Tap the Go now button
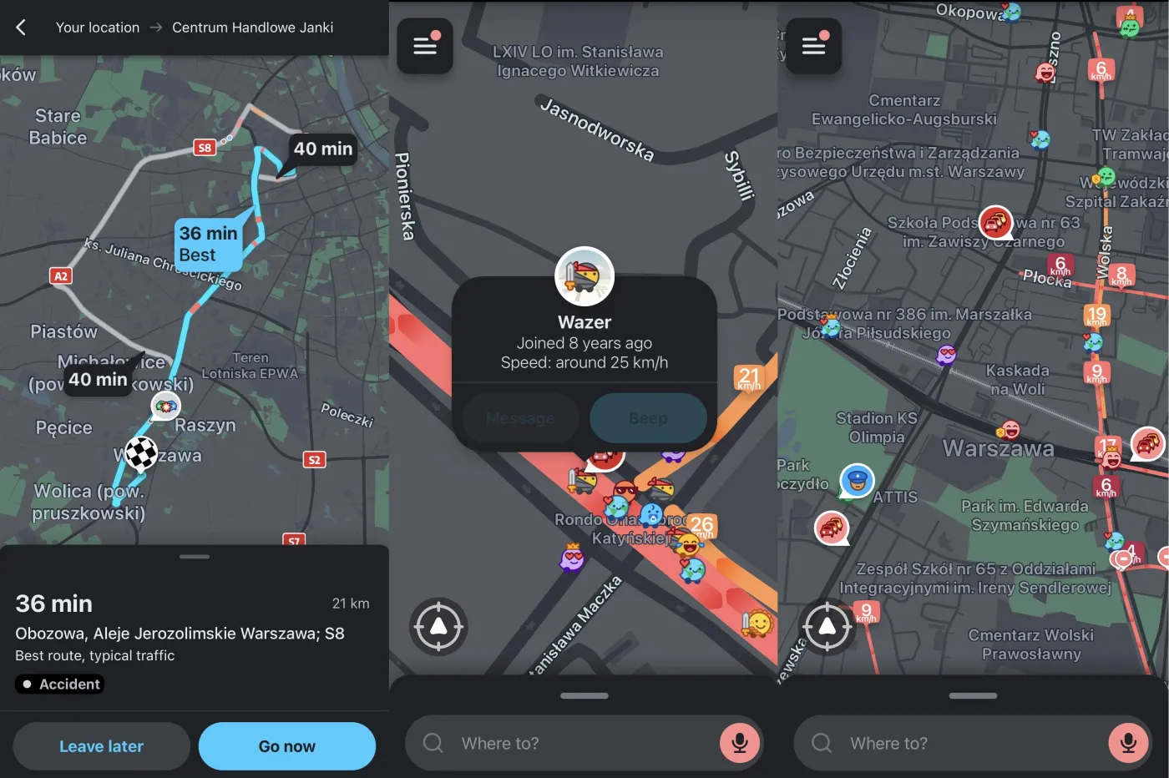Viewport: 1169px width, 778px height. pyautogui.click(x=286, y=746)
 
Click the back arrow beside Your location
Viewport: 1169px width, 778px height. pyautogui.click(x=22, y=28)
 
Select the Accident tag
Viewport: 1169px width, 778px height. pyautogui.click(x=59, y=685)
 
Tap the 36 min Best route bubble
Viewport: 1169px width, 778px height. pyautogui.click(x=208, y=244)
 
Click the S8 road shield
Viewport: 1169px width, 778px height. pyautogui.click(x=205, y=148)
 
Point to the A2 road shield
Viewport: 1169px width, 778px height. pyautogui.click(x=61, y=276)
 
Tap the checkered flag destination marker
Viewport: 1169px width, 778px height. pyautogui.click(x=141, y=453)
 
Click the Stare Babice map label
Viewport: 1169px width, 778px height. pyautogui.click(x=58, y=127)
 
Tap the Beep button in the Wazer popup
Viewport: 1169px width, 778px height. pyautogui.click(x=648, y=418)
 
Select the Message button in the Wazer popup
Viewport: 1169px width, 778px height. pyautogui.click(x=519, y=418)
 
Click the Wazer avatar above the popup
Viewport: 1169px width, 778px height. pyautogui.click(x=584, y=277)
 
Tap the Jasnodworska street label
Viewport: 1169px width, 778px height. pyautogui.click(x=596, y=129)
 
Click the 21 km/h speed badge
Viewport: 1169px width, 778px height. pyautogui.click(x=749, y=378)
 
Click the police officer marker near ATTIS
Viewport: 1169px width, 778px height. pyautogui.click(x=857, y=480)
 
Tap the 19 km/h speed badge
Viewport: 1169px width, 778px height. pyautogui.click(x=1096, y=316)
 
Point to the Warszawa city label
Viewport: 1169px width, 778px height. pyautogui.click(x=998, y=449)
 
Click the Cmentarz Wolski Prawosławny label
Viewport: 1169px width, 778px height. pyautogui.click(x=1030, y=644)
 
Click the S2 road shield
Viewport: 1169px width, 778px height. pyautogui.click(x=314, y=460)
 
